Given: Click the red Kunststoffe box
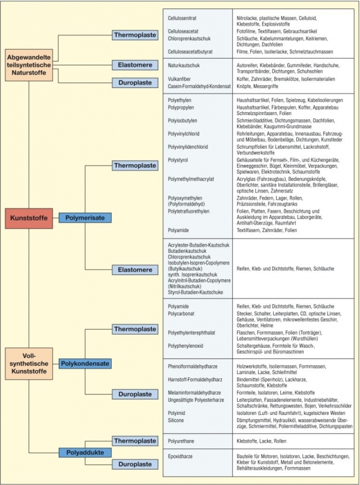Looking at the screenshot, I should tap(28, 218).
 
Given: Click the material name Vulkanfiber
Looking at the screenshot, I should tap(181, 79).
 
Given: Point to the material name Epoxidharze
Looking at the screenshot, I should tap(182, 456).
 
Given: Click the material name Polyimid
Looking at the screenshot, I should tap(178, 413).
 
